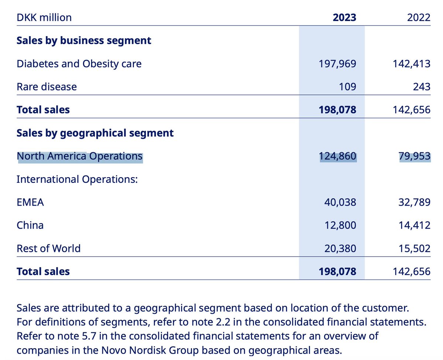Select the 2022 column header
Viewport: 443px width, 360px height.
419,17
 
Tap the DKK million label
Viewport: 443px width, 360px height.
44,17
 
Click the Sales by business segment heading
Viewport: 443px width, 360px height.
84,40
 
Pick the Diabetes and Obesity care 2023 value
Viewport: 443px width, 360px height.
337,64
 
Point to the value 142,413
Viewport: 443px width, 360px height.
411,64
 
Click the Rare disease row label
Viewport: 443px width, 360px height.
47,86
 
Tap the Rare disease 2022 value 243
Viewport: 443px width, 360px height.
422,86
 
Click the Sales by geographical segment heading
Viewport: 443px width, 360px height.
95,133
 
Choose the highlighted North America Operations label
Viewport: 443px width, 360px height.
80,156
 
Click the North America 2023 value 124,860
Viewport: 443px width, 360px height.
337,156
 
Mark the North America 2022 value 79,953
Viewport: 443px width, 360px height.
414,156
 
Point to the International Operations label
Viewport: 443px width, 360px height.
77,179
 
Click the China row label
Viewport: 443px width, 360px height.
30,225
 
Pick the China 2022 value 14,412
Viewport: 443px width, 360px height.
414,225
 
